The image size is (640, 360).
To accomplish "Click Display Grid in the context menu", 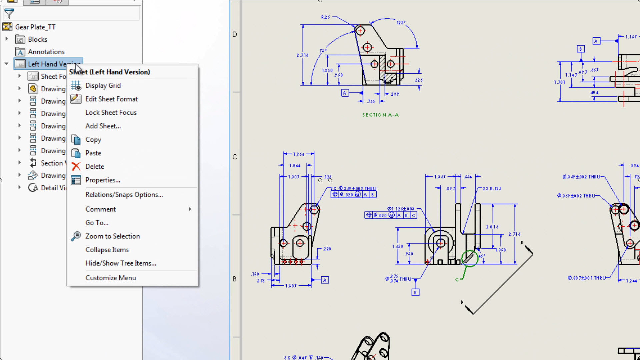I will pyautogui.click(x=103, y=86).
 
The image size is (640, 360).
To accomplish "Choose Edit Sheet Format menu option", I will pyautogui.click(x=111, y=99).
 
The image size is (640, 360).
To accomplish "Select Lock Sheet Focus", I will pyautogui.click(x=111, y=113).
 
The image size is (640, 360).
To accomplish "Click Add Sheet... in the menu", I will pyautogui.click(x=103, y=126).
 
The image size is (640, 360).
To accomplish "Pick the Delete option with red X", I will pyautogui.click(x=94, y=166).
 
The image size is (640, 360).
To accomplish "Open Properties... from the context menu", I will pyautogui.click(x=102, y=180).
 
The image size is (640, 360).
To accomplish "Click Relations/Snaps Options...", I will pyautogui.click(x=124, y=195).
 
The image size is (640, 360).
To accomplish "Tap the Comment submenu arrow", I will pyautogui.click(x=190, y=209).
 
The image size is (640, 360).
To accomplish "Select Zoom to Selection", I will pyautogui.click(x=112, y=236).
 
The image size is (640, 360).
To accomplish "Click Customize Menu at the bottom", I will pyautogui.click(x=110, y=278).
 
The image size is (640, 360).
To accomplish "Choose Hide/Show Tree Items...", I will pyautogui.click(x=121, y=263).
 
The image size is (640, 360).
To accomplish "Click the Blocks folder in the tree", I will pyautogui.click(x=37, y=39).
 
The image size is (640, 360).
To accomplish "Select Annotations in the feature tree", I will pyautogui.click(x=46, y=52).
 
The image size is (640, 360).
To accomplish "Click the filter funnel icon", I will pyautogui.click(x=9, y=14).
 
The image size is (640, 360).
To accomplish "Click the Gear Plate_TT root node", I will pyautogui.click(x=35, y=27).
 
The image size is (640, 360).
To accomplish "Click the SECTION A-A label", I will pyautogui.click(x=380, y=115).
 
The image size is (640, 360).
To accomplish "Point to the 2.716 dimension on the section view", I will pyautogui.click(x=302, y=55).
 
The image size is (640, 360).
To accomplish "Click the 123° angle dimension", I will pyautogui.click(x=401, y=23).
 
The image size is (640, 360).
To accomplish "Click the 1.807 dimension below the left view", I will pyautogui.click(x=291, y=286).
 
